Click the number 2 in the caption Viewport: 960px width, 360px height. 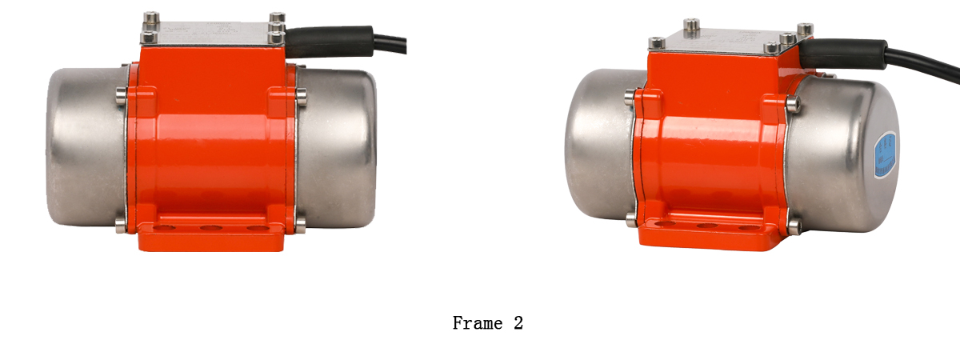click(518, 323)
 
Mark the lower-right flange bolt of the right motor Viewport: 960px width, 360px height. click(793, 227)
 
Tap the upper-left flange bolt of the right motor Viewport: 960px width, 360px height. click(630, 98)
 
